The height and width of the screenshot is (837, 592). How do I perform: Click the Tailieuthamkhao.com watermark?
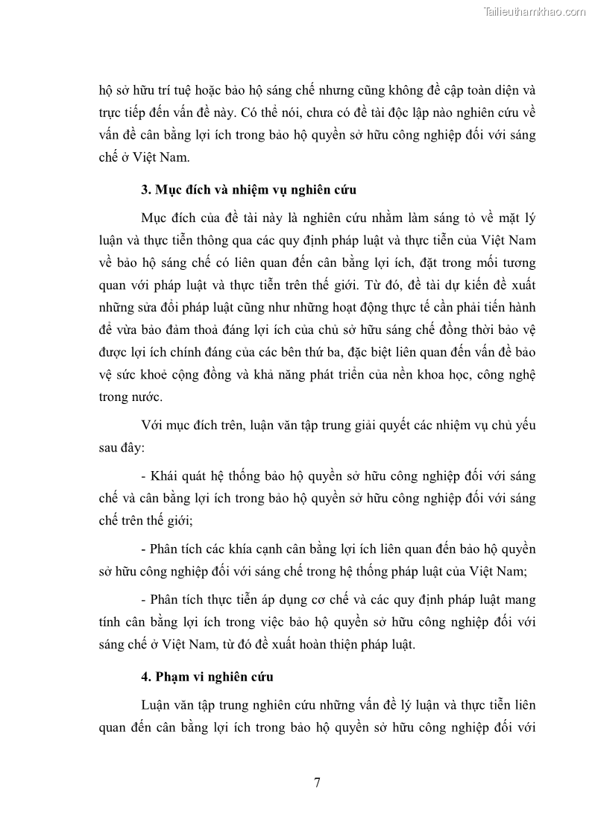pyautogui.click(x=535, y=11)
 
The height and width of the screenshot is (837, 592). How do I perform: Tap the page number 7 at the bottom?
pyautogui.click(x=318, y=782)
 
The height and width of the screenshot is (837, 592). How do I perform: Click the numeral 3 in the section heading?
pyautogui.click(x=145, y=189)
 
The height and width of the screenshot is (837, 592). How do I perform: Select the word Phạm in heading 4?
pyautogui.click(x=172, y=677)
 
